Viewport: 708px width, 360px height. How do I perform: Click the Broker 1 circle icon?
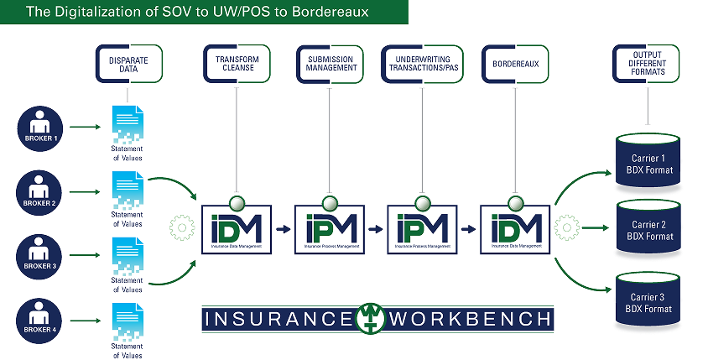pyautogui.click(x=39, y=128)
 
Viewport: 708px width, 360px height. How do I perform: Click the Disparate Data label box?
pyautogui.click(x=128, y=65)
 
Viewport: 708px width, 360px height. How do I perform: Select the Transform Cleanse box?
pyautogui.click(x=237, y=65)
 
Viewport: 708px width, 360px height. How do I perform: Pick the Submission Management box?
pyautogui.click(x=329, y=65)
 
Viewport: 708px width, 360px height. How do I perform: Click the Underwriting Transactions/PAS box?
pyautogui.click(x=422, y=65)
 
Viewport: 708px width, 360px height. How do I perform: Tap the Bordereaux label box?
pyautogui.click(x=512, y=65)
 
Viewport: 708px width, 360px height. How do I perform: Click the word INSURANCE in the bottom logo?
pyautogui.click(x=278, y=319)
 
